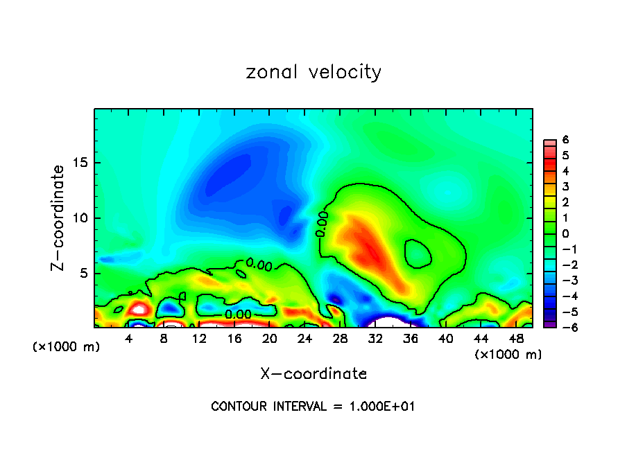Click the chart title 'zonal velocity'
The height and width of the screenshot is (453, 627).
click(313, 72)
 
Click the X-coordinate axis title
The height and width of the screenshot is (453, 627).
click(313, 374)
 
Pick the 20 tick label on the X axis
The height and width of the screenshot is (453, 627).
click(270, 339)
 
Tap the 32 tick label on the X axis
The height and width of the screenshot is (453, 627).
click(375, 339)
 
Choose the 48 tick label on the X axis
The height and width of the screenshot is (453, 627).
click(516, 339)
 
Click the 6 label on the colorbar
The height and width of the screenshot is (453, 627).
click(565, 140)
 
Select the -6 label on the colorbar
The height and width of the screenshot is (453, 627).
click(563, 327)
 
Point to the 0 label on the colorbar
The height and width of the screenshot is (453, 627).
click(565, 233)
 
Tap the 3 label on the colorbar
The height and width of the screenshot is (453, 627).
click(565, 186)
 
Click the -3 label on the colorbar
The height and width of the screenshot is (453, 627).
click(563, 280)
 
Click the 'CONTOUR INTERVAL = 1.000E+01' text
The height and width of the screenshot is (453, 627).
click(313, 407)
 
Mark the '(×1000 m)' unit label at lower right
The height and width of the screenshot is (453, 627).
click(508, 355)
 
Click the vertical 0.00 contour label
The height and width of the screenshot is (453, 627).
click(321, 224)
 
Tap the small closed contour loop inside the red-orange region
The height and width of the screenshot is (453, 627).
click(418, 254)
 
